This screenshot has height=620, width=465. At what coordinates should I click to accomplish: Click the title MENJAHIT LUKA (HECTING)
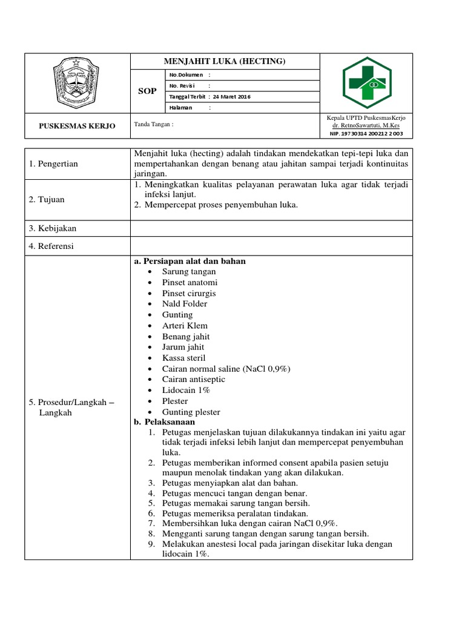tap(225, 62)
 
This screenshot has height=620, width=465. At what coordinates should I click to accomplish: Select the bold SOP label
tap(148, 91)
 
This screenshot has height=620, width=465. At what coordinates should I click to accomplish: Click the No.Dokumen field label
tap(186, 75)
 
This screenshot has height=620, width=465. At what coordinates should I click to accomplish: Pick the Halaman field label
tap(181, 108)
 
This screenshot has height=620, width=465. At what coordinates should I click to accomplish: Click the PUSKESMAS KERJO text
tap(77, 126)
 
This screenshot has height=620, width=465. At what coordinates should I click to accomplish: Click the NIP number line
tap(366, 133)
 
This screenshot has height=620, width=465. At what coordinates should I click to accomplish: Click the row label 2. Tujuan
tap(47, 199)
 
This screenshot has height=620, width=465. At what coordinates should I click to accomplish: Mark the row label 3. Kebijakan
tap(53, 228)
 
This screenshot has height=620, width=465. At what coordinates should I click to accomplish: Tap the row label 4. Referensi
tap(53, 246)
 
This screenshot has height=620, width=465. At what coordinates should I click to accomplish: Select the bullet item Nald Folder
tap(184, 304)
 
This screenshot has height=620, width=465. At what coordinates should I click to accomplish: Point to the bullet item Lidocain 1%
tap(186, 391)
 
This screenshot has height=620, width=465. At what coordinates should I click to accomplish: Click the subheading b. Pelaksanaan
tap(165, 422)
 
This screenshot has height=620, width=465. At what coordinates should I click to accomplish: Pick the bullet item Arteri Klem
tap(185, 326)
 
